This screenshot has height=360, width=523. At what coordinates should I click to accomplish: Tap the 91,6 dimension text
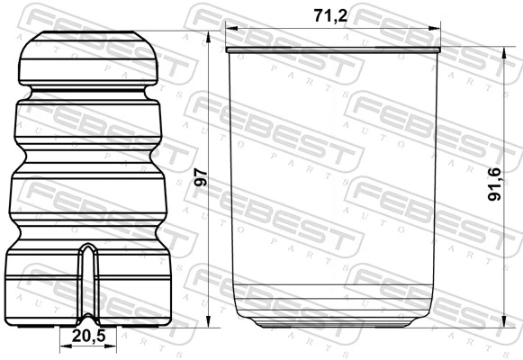(492, 182)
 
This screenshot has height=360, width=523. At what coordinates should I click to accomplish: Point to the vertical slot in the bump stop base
(88, 279)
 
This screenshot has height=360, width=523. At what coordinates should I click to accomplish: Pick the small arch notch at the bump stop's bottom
(89, 322)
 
